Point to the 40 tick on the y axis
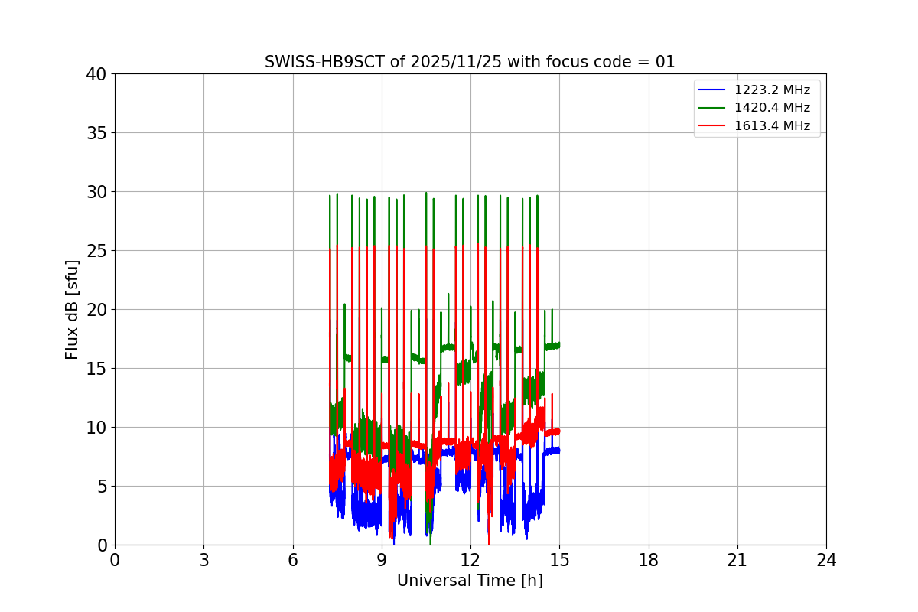pyautogui.click(x=96, y=74)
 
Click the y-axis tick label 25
pyautogui.click(x=96, y=251)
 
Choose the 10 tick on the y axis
pyautogui.click(x=96, y=428)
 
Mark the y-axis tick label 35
pyautogui.click(x=96, y=133)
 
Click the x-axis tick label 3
pyautogui.click(x=203, y=561)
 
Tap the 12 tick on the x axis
pyautogui.click(x=470, y=561)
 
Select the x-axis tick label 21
pyautogui.click(x=737, y=561)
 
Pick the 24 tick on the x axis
pyautogui.click(x=826, y=561)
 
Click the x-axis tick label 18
pyautogui.click(x=649, y=561)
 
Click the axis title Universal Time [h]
pyautogui.click(x=470, y=581)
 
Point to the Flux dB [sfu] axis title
pyautogui.click(x=72, y=309)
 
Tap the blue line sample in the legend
pyautogui.click(x=712, y=90)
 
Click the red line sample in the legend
pyautogui.click(x=712, y=125)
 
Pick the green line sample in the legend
pyautogui.click(x=712, y=108)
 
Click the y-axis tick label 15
pyautogui.click(x=96, y=369)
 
